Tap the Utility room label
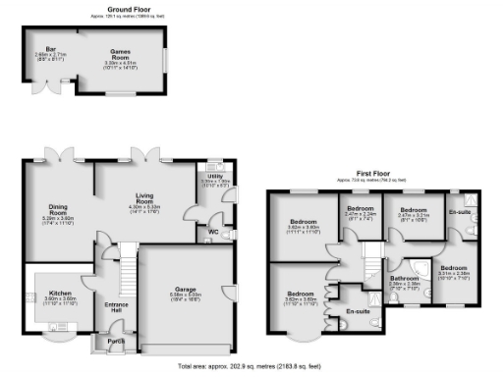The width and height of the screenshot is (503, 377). (214, 177)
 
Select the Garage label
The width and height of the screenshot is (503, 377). (187, 291)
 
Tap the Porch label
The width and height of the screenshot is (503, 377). (116, 343)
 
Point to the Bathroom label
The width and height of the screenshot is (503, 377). (405, 280)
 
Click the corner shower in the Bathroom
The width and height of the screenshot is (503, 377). (419, 267)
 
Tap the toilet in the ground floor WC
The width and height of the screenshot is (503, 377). (228, 236)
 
